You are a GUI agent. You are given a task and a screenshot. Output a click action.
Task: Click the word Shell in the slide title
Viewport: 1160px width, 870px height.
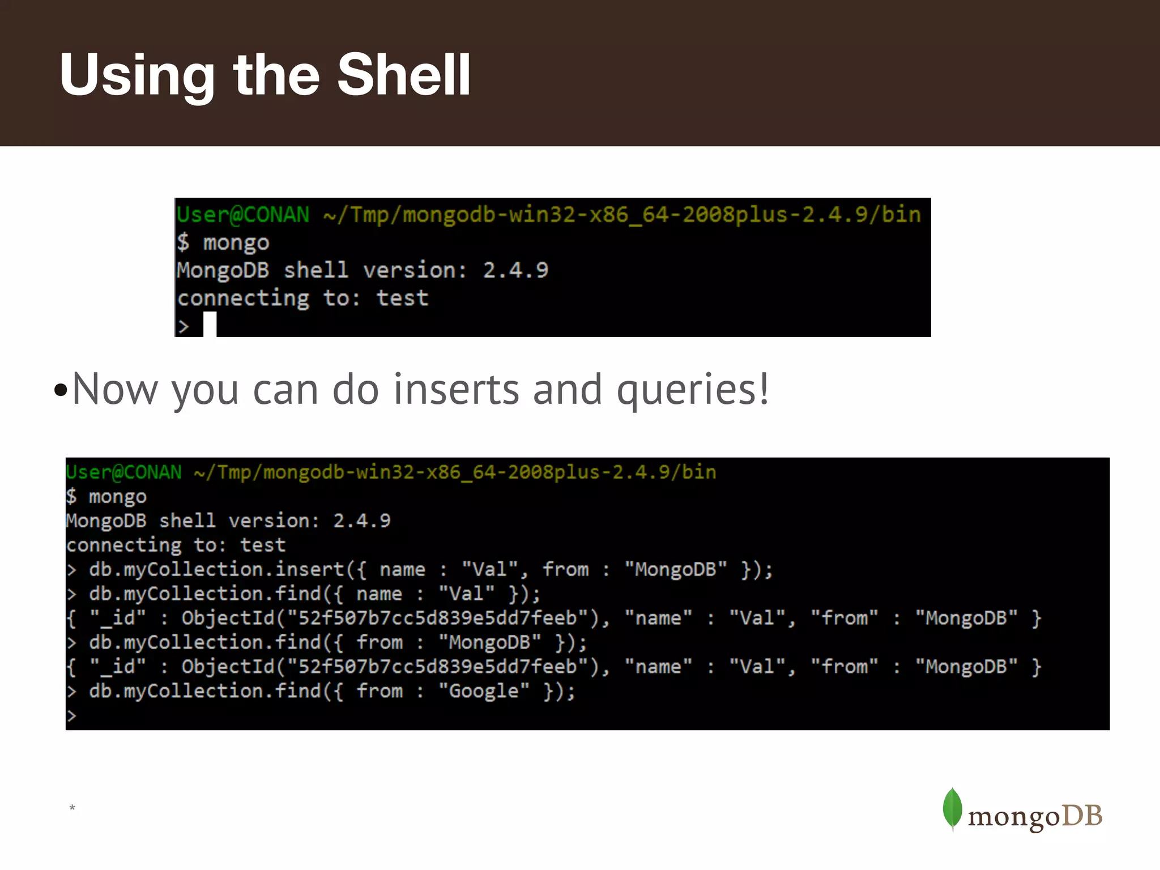[x=403, y=75]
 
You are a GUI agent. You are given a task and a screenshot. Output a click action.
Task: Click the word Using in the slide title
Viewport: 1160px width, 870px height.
[x=137, y=76]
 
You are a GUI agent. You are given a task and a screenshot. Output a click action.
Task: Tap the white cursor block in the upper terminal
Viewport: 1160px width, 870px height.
[x=210, y=325]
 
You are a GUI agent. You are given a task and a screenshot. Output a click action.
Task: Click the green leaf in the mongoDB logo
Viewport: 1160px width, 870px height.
[x=952, y=808]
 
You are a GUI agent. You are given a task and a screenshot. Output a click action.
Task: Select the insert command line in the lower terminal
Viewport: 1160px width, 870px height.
[x=419, y=569]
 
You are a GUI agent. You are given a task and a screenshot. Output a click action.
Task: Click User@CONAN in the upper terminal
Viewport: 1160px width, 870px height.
[x=243, y=215]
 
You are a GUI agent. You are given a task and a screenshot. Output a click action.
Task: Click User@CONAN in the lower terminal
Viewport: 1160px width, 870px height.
[x=124, y=472]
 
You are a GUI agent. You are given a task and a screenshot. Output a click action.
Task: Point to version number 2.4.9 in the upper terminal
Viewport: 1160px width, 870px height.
[x=515, y=270]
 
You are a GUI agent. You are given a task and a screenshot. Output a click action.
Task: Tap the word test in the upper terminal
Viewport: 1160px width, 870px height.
[x=403, y=298]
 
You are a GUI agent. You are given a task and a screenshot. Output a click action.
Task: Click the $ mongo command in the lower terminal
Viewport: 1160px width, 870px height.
[x=106, y=497]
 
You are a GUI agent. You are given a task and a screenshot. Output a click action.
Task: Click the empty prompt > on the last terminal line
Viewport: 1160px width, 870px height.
[x=71, y=716]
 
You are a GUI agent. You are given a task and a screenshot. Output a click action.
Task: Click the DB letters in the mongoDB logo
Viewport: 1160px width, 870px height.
[x=1081, y=816]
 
